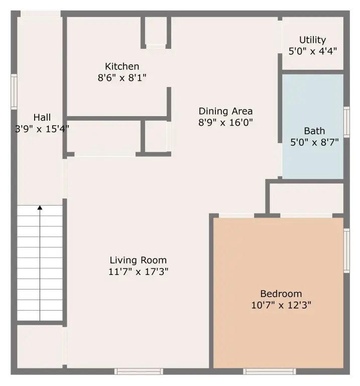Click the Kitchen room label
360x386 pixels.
122,66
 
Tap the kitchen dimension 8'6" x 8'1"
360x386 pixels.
122,78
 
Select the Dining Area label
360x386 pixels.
225,111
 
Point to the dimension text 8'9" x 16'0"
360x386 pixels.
225,122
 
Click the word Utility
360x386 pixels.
312,40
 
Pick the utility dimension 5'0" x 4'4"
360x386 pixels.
312,51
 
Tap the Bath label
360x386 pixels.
314,131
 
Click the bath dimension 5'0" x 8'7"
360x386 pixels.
314,142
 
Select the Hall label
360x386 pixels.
42,118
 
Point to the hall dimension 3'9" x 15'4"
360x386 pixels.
42,129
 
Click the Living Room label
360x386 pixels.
138,260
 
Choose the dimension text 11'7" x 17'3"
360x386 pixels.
138,272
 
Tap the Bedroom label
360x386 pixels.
281,294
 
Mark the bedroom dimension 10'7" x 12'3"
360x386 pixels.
281,305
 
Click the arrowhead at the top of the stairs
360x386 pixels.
40,207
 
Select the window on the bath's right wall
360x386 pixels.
346,122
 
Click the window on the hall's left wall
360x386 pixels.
14,91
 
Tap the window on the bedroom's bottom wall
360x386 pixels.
269,371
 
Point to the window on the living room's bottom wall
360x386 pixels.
139,371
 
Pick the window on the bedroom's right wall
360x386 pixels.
346,250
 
